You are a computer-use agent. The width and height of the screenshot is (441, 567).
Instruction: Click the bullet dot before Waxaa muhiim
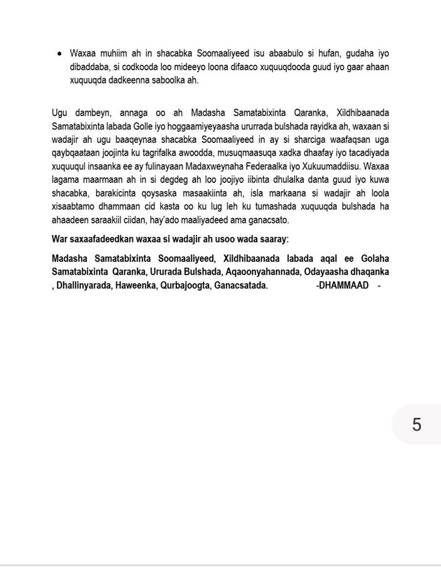(61, 53)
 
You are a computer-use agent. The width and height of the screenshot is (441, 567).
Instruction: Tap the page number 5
(417, 424)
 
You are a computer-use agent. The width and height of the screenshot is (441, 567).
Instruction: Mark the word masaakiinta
(200, 194)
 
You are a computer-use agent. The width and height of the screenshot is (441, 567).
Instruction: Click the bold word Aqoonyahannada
(266, 272)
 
